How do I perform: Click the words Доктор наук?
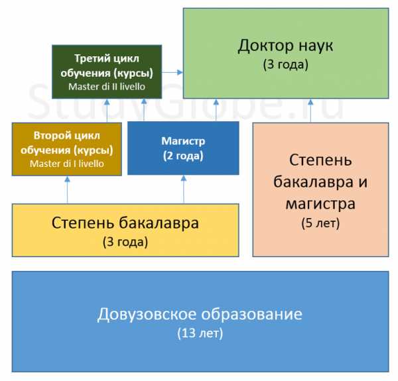tap(285, 46)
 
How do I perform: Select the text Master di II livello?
tap(106, 86)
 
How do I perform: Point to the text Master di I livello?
tap(68, 163)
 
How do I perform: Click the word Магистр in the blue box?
tap(183, 141)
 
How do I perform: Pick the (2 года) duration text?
tap(183, 156)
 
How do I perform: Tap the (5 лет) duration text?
tap(320, 223)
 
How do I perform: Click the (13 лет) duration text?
tap(200, 333)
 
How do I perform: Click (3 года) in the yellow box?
tap(125, 241)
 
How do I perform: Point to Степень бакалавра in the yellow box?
tap(125, 223)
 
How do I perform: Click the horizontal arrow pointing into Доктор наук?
tap(172, 71)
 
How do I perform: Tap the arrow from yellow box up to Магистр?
tap(183, 190)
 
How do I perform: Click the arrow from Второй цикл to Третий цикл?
tap(66, 110)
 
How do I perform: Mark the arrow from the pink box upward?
tap(320, 111)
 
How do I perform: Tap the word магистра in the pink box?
tap(320, 203)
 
